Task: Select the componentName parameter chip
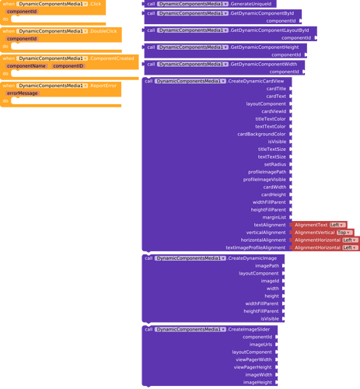point(26,66)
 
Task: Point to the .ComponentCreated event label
point(112,58)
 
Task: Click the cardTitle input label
point(275,89)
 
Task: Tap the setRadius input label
point(274,164)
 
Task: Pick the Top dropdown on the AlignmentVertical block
point(344,232)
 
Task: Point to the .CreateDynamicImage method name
point(253,258)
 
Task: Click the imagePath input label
point(267,265)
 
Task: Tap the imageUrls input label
point(260,345)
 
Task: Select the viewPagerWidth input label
point(253,359)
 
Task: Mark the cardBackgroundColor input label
point(261,134)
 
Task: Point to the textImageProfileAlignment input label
point(256,247)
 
